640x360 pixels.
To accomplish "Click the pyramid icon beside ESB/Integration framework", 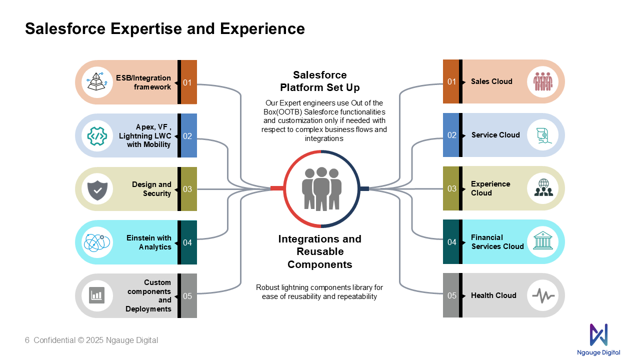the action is pyautogui.click(x=97, y=81).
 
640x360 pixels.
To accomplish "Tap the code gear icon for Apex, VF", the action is pyautogui.click(x=97, y=136).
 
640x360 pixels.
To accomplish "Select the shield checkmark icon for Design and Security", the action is pyautogui.click(x=97, y=190).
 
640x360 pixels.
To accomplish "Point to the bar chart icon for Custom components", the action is pyautogui.click(x=96, y=295).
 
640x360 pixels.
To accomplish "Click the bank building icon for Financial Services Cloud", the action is pyautogui.click(x=543, y=240).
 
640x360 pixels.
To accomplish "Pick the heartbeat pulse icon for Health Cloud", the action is pyautogui.click(x=543, y=295).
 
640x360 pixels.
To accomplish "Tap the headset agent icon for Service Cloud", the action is pyautogui.click(x=543, y=135).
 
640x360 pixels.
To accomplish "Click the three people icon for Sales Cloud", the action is pyautogui.click(x=542, y=81).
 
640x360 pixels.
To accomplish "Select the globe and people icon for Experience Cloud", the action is pyautogui.click(x=543, y=187).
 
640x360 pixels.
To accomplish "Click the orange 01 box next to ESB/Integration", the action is pyautogui.click(x=189, y=82).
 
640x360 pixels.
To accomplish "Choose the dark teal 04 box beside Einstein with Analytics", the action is pyautogui.click(x=189, y=242).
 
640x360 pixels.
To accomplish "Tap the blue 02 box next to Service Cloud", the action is pyautogui.click(x=451, y=135).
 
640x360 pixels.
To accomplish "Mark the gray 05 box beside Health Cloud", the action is pyautogui.click(x=451, y=295).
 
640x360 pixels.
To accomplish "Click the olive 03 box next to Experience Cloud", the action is pyautogui.click(x=451, y=188).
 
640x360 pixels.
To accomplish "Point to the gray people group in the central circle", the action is pyautogui.click(x=321, y=189).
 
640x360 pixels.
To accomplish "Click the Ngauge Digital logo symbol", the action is pyautogui.click(x=598, y=334).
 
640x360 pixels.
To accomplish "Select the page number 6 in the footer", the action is pyautogui.click(x=27, y=340).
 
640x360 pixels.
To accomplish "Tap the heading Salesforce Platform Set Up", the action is pyautogui.click(x=319, y=81).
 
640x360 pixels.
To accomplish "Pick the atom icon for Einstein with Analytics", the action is pyautogui.click(x=97, y=242).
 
